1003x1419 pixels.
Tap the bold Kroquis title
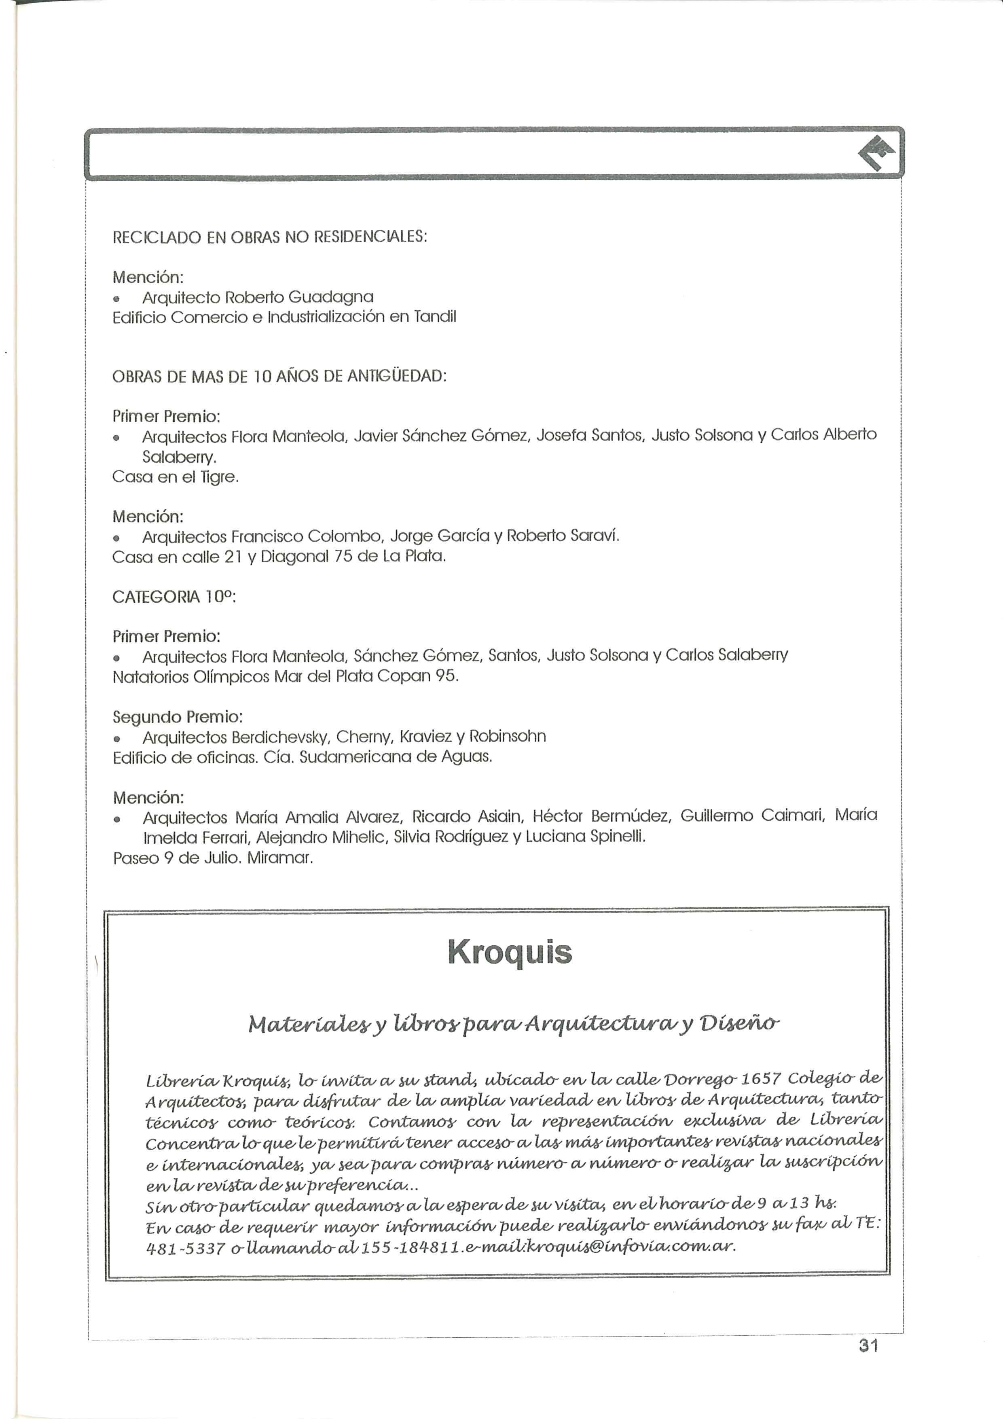tap(510, 952)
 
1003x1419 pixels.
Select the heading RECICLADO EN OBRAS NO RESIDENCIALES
tap(269, 237)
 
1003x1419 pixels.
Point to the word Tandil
tap(435, 317)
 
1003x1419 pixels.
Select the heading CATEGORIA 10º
tap(174, 597)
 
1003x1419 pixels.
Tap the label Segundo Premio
tap(178, 717)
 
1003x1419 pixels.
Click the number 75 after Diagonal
tap(343, 557)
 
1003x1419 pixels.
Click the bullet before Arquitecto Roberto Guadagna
tap(116, 299)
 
